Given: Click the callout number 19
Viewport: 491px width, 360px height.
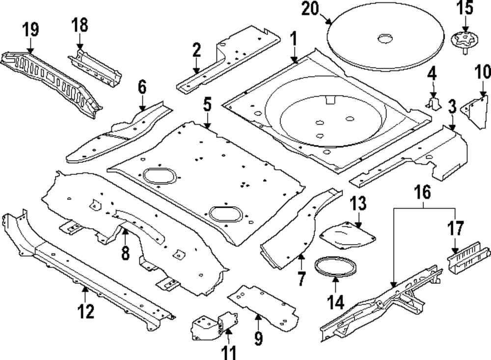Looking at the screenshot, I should pyautogui.click(x=31, y=29).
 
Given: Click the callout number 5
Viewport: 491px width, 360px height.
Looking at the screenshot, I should pyautogui.click(x=207, y=104).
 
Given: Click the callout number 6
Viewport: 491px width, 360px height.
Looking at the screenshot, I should pyautogui.click(x=142, y=88).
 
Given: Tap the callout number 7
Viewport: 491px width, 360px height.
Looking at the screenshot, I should pyautogui.click(x=300, y=279).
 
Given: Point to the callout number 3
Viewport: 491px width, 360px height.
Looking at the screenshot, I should pyautogui.click(x=452, y=106).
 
